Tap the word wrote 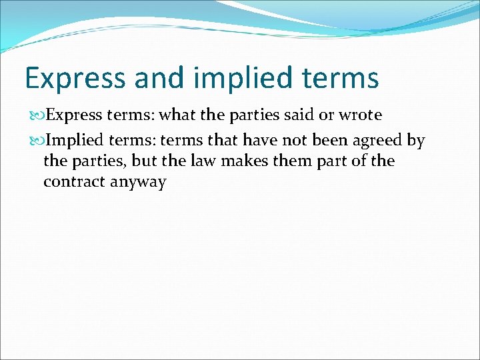360,115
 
